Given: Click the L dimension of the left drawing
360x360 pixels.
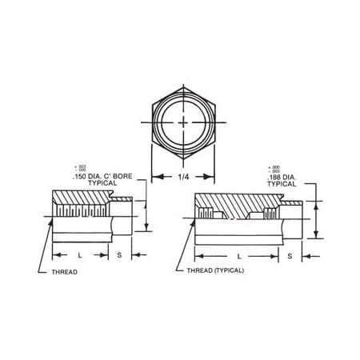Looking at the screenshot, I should coord(80,255).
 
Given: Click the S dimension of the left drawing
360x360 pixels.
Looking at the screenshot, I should coord(121,255).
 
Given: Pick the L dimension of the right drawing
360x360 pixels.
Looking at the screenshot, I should coord(240,255).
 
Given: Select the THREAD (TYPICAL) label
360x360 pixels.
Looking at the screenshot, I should coord(210,270).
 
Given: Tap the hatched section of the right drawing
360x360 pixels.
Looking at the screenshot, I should coord(240,203).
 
